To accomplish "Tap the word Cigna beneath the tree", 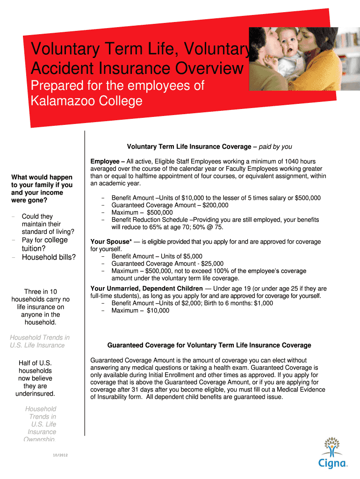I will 333,464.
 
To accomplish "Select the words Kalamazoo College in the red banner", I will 86,101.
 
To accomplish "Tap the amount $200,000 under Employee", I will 214,205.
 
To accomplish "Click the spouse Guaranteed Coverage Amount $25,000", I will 212,264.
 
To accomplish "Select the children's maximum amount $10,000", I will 158,311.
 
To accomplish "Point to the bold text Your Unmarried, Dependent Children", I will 147,289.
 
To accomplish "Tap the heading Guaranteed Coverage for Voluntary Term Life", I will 209,345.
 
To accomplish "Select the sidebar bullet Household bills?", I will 49,257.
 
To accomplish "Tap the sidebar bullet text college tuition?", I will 45,244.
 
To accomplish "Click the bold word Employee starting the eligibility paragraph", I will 105,161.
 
